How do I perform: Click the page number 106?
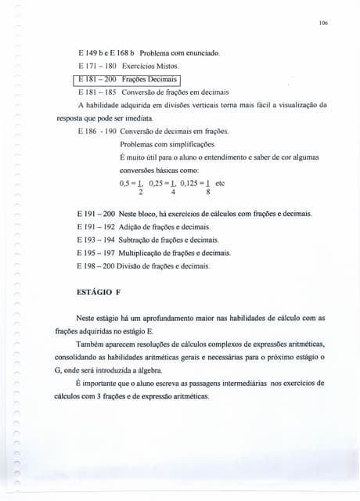click(323, 23)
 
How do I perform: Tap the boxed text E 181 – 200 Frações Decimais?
click(128, 79)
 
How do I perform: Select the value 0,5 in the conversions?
click(125, 182)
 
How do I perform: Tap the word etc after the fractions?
click(221, 182)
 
